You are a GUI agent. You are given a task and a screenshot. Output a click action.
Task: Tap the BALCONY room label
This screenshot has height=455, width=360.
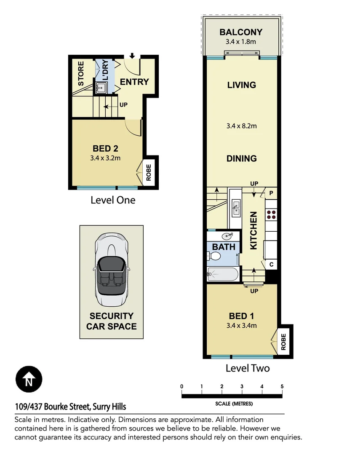241,32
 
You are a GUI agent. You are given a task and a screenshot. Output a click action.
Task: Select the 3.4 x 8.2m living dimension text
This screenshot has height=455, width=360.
241,125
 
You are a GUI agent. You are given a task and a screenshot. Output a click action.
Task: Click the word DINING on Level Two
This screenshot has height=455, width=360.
241,158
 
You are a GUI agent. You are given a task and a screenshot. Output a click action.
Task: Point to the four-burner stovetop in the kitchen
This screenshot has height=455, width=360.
271,214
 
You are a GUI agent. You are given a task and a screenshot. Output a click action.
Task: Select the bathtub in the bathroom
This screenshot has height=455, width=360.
223,275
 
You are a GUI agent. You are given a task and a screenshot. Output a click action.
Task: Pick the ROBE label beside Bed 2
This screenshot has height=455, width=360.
149,172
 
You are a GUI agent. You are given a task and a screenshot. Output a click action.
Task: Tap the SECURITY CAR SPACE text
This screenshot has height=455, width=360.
111,321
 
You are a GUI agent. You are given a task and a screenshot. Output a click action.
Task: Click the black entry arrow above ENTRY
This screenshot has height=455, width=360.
132,56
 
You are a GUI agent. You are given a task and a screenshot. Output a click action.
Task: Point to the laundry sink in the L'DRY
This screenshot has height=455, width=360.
101,88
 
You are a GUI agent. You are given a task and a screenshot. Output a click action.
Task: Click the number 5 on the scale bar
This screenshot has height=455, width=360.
282,387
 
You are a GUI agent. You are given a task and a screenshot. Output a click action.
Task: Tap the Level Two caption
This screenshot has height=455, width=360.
247,368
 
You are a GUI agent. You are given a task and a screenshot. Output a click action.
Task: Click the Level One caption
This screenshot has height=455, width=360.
113,200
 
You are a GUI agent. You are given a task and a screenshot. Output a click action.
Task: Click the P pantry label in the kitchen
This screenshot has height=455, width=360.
271,193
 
